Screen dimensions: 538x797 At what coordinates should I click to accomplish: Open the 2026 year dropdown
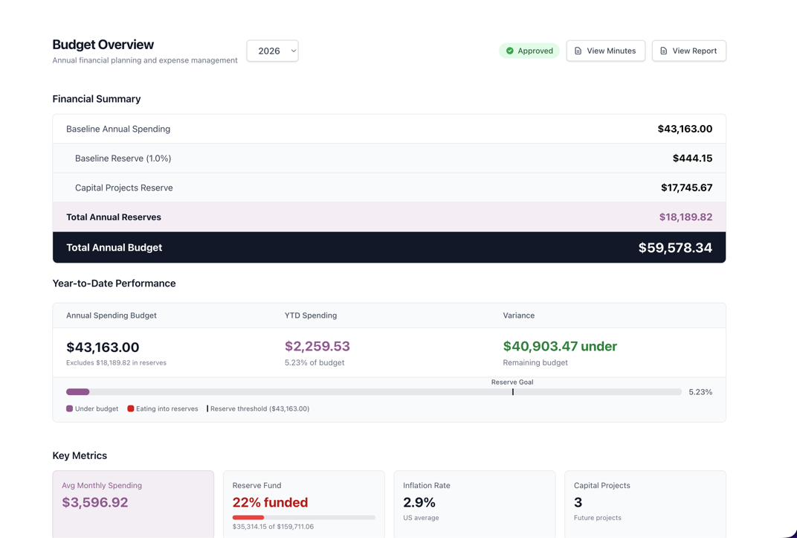point(272,51)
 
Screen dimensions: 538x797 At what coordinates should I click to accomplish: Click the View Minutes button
point(605,51)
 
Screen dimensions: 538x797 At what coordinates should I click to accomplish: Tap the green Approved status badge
point(529,51)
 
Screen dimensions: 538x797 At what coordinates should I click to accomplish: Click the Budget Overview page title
point(103,45)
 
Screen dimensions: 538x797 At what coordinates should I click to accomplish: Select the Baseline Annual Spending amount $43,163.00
point(684,129)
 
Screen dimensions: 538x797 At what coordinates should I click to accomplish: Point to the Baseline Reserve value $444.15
point(691,158)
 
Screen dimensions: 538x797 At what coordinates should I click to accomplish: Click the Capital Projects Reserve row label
point(123,188)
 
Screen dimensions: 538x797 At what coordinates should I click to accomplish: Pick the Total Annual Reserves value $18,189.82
point(685,217)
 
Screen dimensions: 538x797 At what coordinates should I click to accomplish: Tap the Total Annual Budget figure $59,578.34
point(674,248)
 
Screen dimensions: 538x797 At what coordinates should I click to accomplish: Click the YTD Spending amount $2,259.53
point(317,347)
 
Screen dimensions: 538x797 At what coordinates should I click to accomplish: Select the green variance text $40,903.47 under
point(559,347)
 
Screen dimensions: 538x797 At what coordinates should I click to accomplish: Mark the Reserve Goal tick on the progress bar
point(512,391)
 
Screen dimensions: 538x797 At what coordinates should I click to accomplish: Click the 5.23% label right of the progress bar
point(700,392)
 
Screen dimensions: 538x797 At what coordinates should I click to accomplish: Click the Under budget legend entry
point(92,409)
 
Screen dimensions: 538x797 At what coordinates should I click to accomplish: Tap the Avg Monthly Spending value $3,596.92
point(94,502)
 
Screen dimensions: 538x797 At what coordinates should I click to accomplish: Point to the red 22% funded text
point(270,502)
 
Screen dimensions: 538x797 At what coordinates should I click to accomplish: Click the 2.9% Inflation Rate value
point(419,502)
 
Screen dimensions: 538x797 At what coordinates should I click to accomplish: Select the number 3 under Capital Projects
point(578,502)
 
